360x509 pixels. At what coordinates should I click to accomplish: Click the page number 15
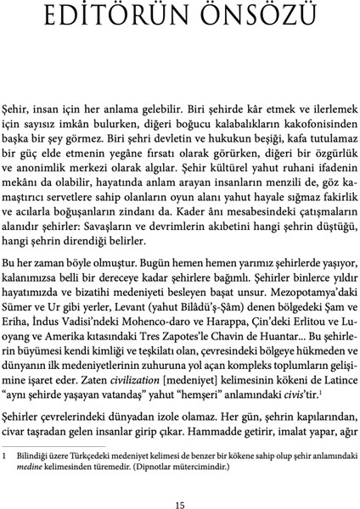coord(180,481)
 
